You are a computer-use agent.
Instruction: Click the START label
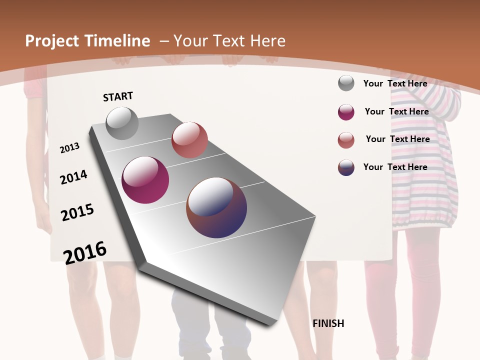tap(118, 96)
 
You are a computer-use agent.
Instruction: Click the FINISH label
tap(328, 323)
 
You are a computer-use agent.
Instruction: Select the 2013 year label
tap(70, 148)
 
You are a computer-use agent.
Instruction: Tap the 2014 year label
tap(73, 177)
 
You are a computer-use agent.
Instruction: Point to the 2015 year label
tap(77, 212)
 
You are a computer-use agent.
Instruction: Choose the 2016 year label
tap(85, 252)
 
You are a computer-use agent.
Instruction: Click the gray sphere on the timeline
tap(122, 123)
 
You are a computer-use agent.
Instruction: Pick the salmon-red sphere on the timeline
tap(189, 140)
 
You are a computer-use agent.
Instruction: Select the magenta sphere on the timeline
tap(145, 180)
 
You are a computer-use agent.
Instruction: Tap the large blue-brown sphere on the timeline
tap(216, 207)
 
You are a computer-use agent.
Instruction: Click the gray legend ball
tap(346, 83)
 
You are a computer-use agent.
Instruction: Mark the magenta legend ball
tap(346, 112)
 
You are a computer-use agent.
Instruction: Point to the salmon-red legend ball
tap(346, 140)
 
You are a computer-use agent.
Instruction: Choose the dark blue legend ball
tap(346, 167)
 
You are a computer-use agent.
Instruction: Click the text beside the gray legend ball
tap(395, 83)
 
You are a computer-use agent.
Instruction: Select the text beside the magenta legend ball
tap(396, 111)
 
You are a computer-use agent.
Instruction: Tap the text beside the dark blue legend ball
tap(395, 167)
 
